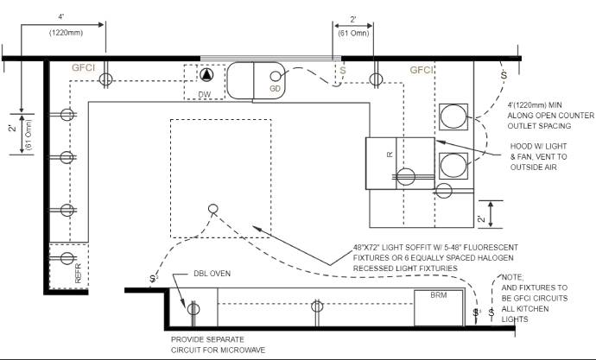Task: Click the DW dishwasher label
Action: pos(205,93)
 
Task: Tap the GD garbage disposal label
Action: pos(275,88)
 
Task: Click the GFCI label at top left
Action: pos(83,67)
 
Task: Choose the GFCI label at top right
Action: pos(421,70)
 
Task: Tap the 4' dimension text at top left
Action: pos(61,17)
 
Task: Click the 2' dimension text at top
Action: pos(353,19)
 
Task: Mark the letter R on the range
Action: pos(390,154)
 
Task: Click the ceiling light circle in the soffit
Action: pos(212,208)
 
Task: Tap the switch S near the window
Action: pos(342,70)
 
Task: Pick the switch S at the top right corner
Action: pos(503,75)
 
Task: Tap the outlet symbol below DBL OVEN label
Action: pos(193,306)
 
